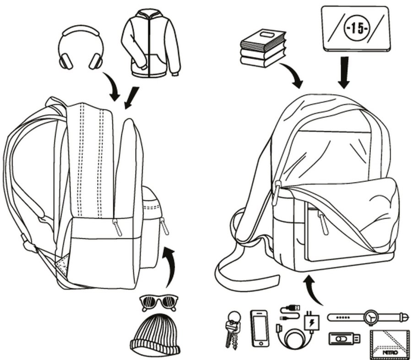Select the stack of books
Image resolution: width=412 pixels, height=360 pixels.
(263, 48)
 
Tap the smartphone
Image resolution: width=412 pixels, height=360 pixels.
(260, 328)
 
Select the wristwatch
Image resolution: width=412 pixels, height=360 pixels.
(366, 317)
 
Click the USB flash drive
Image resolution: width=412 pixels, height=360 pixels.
(343, 339)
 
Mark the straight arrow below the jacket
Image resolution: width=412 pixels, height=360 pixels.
(132, 97)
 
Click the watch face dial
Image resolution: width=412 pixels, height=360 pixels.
(372, 317)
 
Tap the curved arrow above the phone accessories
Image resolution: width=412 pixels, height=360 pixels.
(313, 291)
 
